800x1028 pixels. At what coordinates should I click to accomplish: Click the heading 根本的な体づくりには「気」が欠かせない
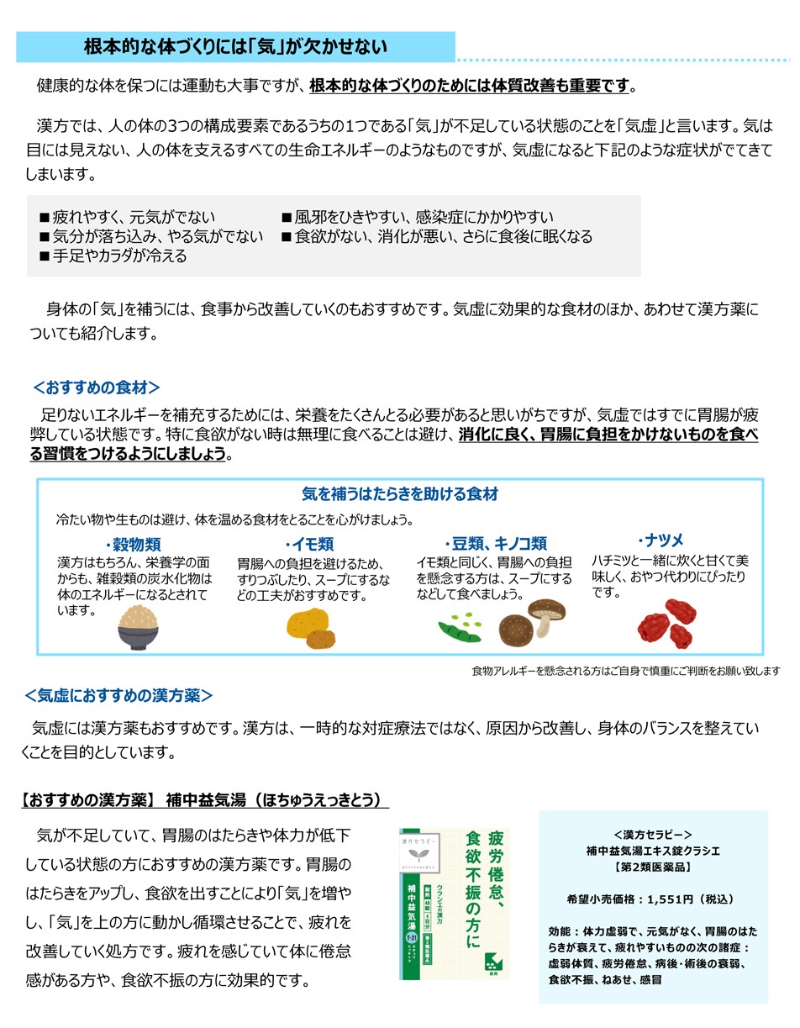(x=235, y=47)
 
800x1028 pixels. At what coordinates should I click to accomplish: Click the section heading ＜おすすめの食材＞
(x=96, y=387)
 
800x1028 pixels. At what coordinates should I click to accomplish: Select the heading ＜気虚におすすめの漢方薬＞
(x=118, y=695)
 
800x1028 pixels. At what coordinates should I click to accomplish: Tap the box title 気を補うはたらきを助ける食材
(x=400, y=494)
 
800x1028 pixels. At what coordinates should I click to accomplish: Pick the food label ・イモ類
(x=309, y=545)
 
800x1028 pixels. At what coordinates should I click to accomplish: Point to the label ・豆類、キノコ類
(x=495, y=545)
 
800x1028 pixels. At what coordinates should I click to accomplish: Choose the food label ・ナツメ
(x=661, y=540)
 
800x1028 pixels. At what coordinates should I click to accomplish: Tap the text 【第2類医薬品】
(x=652, y=865)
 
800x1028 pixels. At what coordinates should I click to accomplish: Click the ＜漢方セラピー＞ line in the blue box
(x=653, y=835)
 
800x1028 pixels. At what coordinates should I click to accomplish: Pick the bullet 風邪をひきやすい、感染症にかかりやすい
(x=418, y=218)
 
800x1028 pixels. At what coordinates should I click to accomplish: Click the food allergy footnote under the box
(x=625, y=671)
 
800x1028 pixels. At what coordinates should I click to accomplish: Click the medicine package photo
(x=454, y=903)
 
